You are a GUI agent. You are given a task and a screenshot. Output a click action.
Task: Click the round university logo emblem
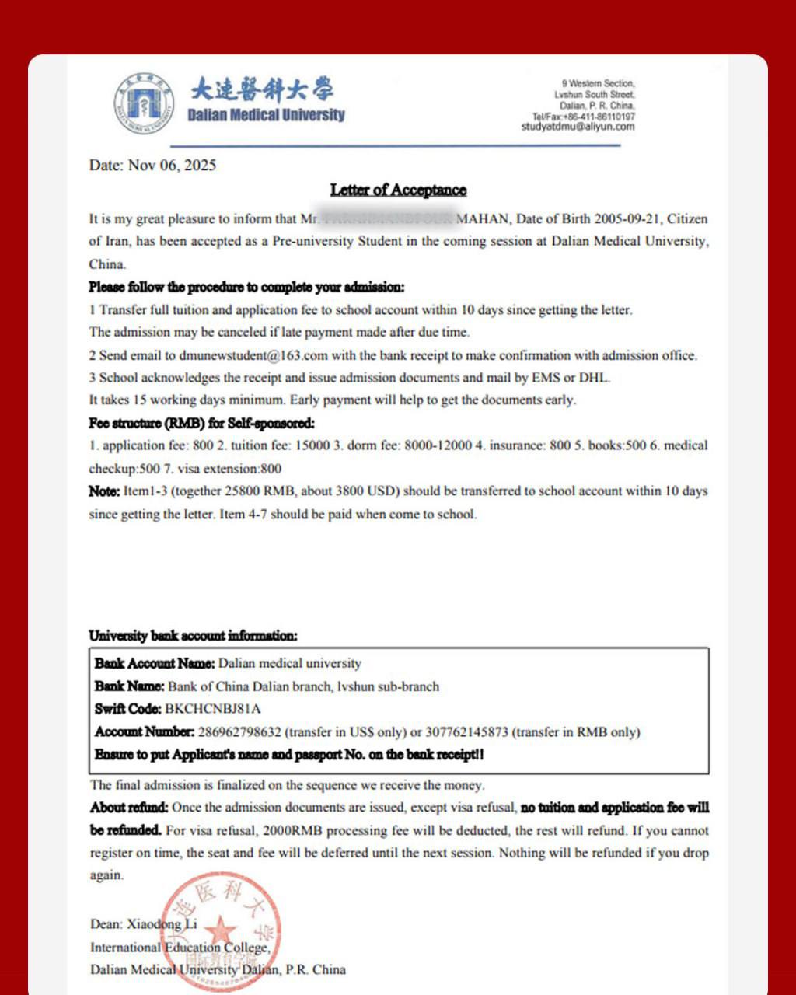pos(145,103)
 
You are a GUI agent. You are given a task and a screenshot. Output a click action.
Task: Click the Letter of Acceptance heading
pos(398,190)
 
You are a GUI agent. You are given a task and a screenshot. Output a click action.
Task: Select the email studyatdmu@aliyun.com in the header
pos(578,127)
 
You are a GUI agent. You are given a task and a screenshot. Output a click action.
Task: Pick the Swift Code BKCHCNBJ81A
pos(213,709)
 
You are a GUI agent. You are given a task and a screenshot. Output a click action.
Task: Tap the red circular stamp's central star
pos(222,930)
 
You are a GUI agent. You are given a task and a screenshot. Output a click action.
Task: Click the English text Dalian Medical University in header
pos(266,115)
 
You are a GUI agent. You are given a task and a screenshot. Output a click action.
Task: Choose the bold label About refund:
pos(129,808)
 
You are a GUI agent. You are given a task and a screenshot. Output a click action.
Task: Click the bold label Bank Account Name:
pos(154,664)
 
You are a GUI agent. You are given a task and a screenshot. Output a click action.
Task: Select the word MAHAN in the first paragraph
pos(481,219)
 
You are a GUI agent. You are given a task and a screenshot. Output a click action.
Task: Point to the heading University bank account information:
pos(193,636)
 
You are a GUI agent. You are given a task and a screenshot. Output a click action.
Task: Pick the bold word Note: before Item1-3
pos(104,491)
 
